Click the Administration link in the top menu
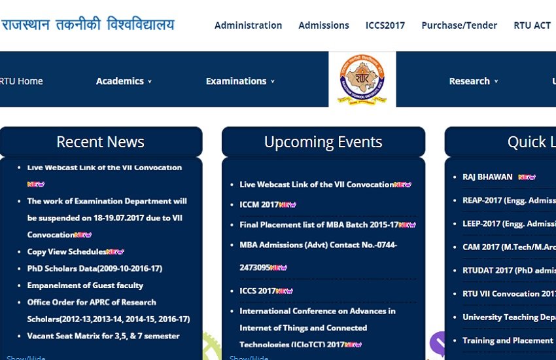(248, 26)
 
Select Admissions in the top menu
(324, 26)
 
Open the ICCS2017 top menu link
(385, 26)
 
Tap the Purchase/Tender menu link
(459, 26)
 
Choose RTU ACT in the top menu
(532, 26)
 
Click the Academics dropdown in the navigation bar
(124, 81)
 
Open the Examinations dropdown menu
(240, 81)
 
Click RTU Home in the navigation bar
(22, 81)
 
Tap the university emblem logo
(362, 80)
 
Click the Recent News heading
(101, 142)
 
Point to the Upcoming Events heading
(323, 142)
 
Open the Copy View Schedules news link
(67, 251)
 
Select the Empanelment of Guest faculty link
(85, 285)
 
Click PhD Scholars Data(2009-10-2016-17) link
(95, 268)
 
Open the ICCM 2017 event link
(260, 205)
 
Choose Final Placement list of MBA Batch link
(319, 225)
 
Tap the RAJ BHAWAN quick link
(487, 177)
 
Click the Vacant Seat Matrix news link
(103, 336)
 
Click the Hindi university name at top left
(88, 26)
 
